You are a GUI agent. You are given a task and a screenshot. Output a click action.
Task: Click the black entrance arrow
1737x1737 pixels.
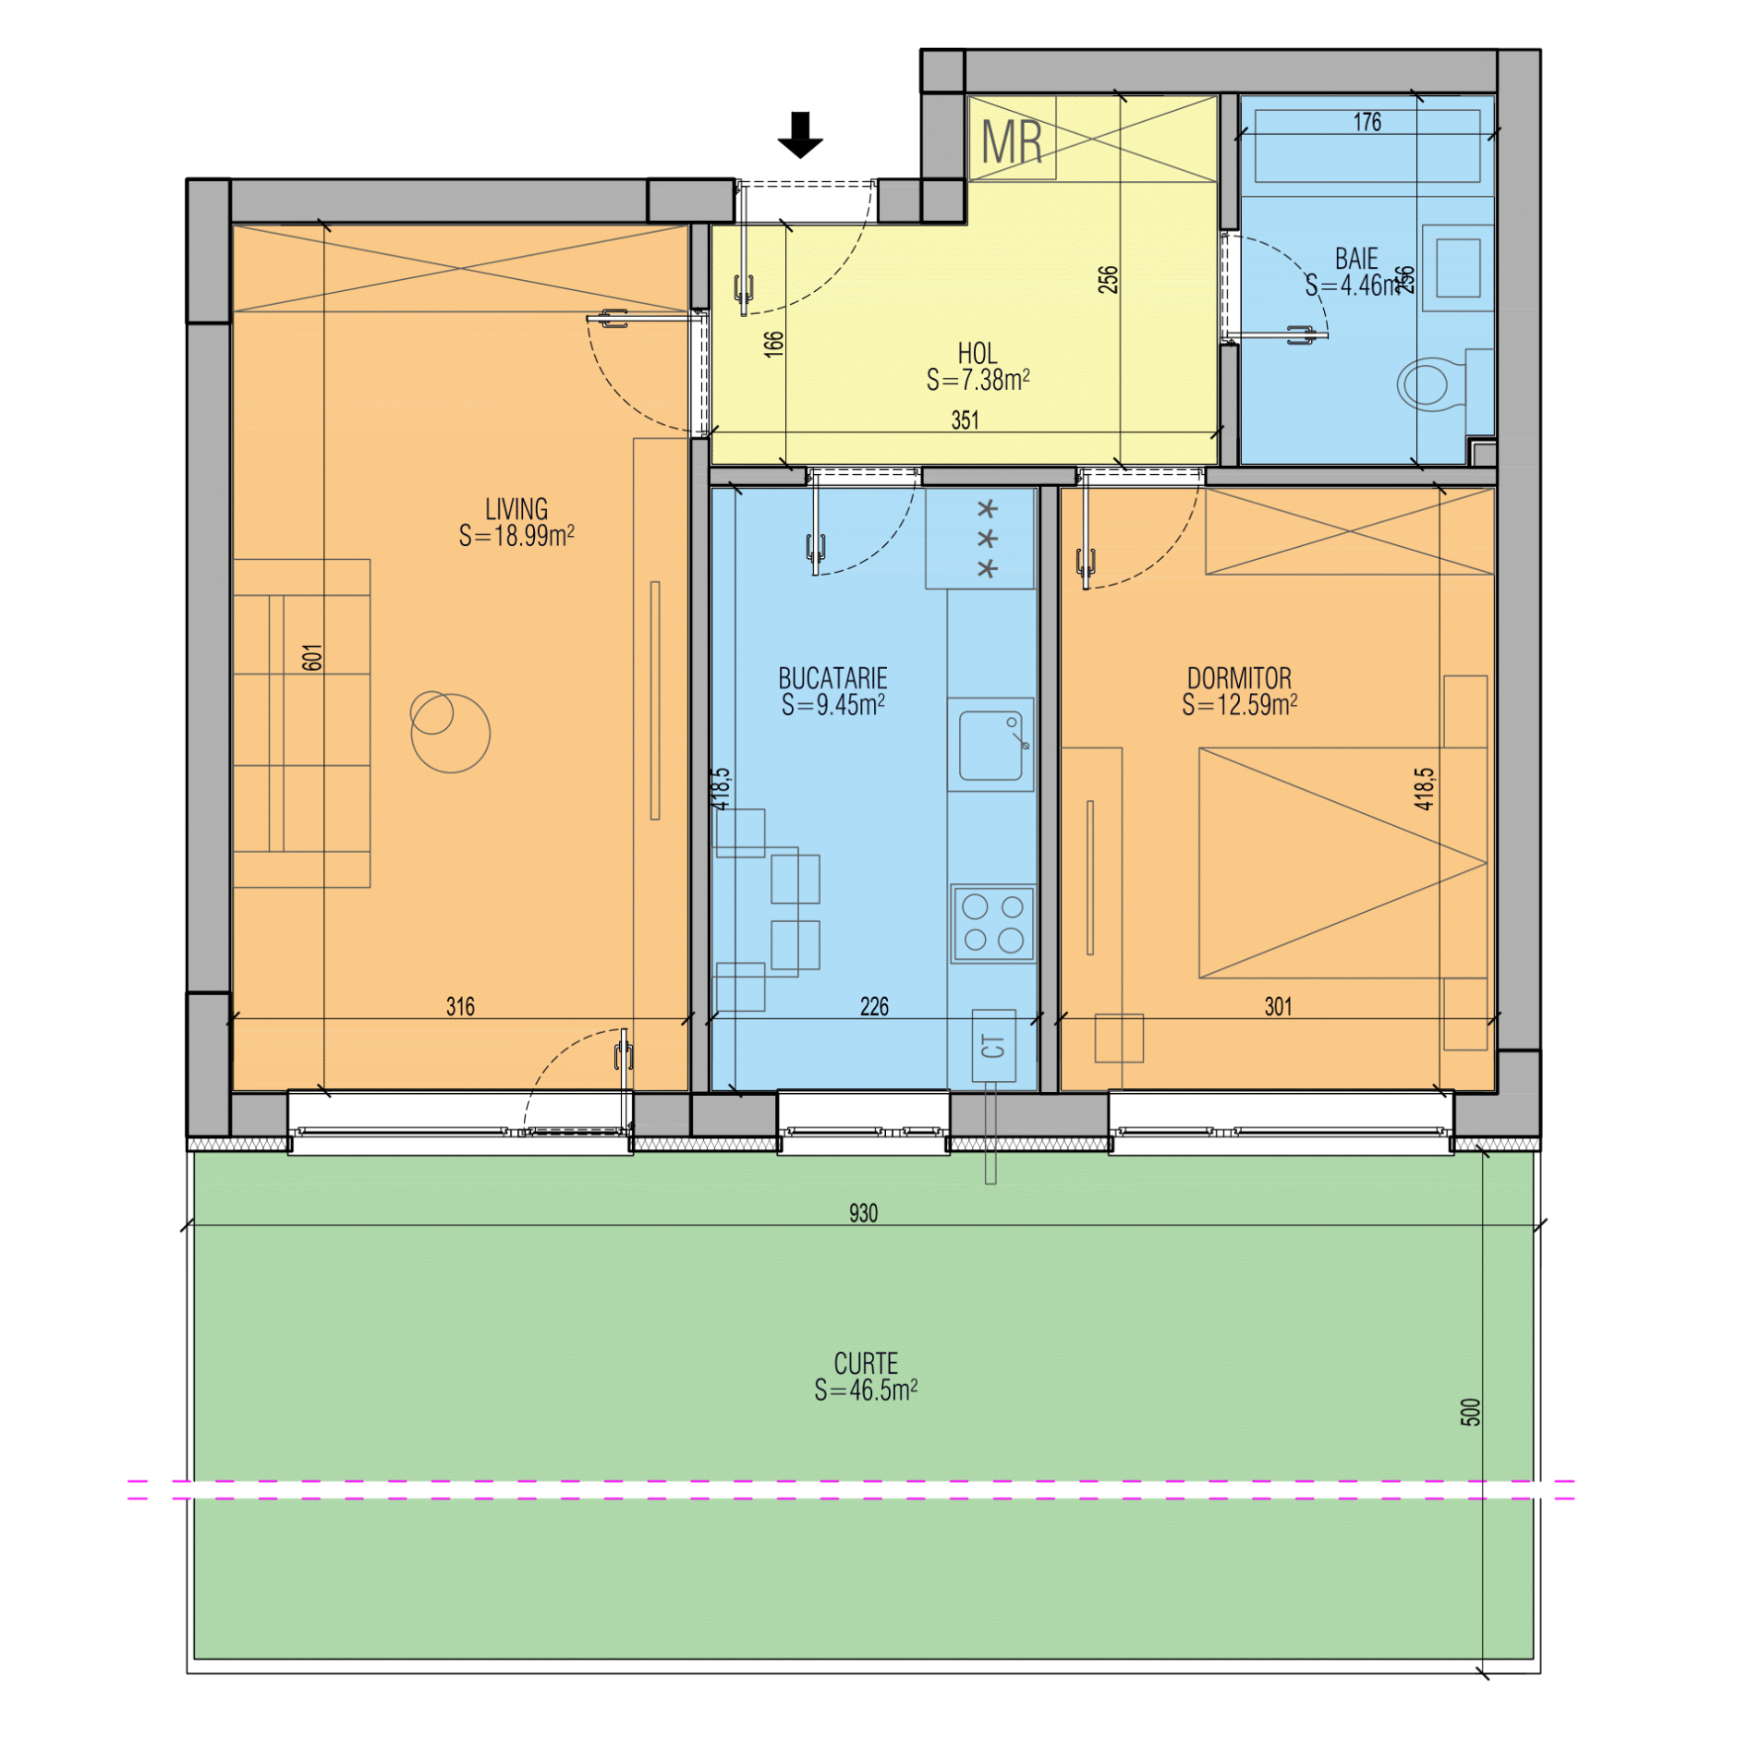[x=799, y=135]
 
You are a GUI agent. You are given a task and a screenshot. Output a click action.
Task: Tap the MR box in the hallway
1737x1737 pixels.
[x=1012, y=139]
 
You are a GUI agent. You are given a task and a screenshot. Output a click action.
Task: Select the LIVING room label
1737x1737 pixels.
[x=516, y=509]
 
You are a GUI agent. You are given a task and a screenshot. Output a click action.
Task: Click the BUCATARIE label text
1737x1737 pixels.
[x=832, y=679]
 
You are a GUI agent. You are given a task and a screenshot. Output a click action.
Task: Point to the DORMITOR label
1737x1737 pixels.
[x=1239, y=679]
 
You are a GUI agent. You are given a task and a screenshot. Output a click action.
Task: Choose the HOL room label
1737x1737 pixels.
[x=978, y=354]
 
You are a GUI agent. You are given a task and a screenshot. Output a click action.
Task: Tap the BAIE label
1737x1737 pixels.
[x=1356, y=259]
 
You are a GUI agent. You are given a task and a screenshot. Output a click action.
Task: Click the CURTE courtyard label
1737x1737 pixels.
[x=866, y=1364]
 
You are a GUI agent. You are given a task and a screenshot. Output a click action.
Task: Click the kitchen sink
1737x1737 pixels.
[x=990, y=745]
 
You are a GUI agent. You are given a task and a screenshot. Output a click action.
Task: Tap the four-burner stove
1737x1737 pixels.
[x=993, y=923]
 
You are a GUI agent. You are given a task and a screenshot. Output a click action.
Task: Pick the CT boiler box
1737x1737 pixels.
[x=993, y=1046]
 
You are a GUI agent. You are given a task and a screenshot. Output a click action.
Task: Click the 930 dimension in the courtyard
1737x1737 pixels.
[x=863, y=1213]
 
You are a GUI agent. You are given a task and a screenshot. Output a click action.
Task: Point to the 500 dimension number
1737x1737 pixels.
[x=1470, y=1412]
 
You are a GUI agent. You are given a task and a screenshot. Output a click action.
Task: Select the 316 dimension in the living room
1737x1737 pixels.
[x=460, y=1006]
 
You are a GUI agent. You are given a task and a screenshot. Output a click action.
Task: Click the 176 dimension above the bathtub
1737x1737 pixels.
[x=1367, y=122]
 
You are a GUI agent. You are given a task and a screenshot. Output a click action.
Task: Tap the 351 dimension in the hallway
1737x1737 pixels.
[x=965, y=420]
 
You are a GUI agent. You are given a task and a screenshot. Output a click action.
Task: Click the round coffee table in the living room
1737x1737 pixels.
[x=451, y=733]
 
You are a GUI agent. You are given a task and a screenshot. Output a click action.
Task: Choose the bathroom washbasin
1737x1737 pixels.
[x=1458, y=268]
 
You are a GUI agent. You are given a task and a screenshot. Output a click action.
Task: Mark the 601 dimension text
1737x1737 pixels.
[x=312, y=657]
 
